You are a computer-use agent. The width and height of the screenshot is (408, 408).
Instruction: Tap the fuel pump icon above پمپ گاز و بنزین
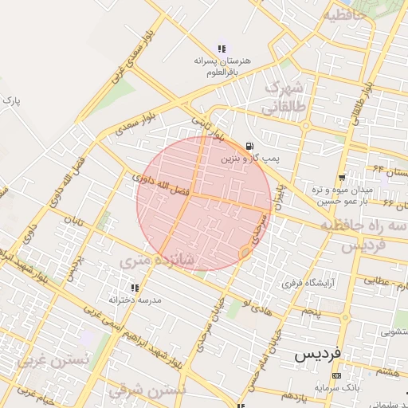pos(251,146)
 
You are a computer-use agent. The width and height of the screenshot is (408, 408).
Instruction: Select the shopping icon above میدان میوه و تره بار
pos(341,177)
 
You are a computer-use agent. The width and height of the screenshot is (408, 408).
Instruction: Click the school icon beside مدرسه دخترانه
pos(135,288)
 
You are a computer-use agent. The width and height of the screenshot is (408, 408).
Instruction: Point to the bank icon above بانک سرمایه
pos(336,375)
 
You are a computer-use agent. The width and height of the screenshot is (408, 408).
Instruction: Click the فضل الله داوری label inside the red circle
pos(160,186)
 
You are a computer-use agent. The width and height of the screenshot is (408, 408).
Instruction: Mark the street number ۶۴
pos(378,167)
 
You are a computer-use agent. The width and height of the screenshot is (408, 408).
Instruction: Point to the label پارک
pos(10,101)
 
